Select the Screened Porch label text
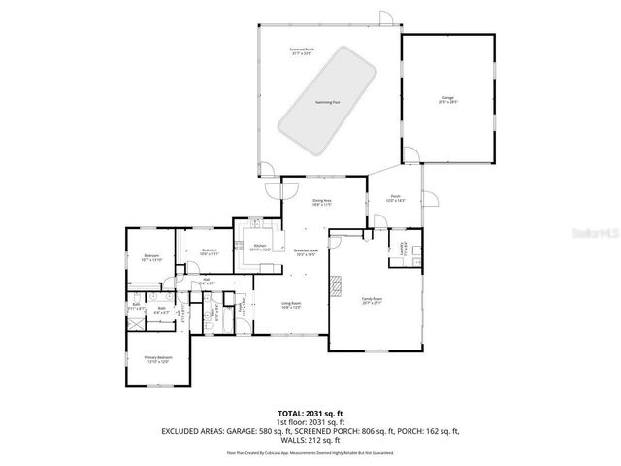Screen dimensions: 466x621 point(303,49)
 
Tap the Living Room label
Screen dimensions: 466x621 point(292,305)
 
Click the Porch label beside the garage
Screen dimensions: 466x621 point(396,199)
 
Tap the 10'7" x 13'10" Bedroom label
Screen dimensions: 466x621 point(150,257)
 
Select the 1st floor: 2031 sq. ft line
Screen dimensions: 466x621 point(310,423)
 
